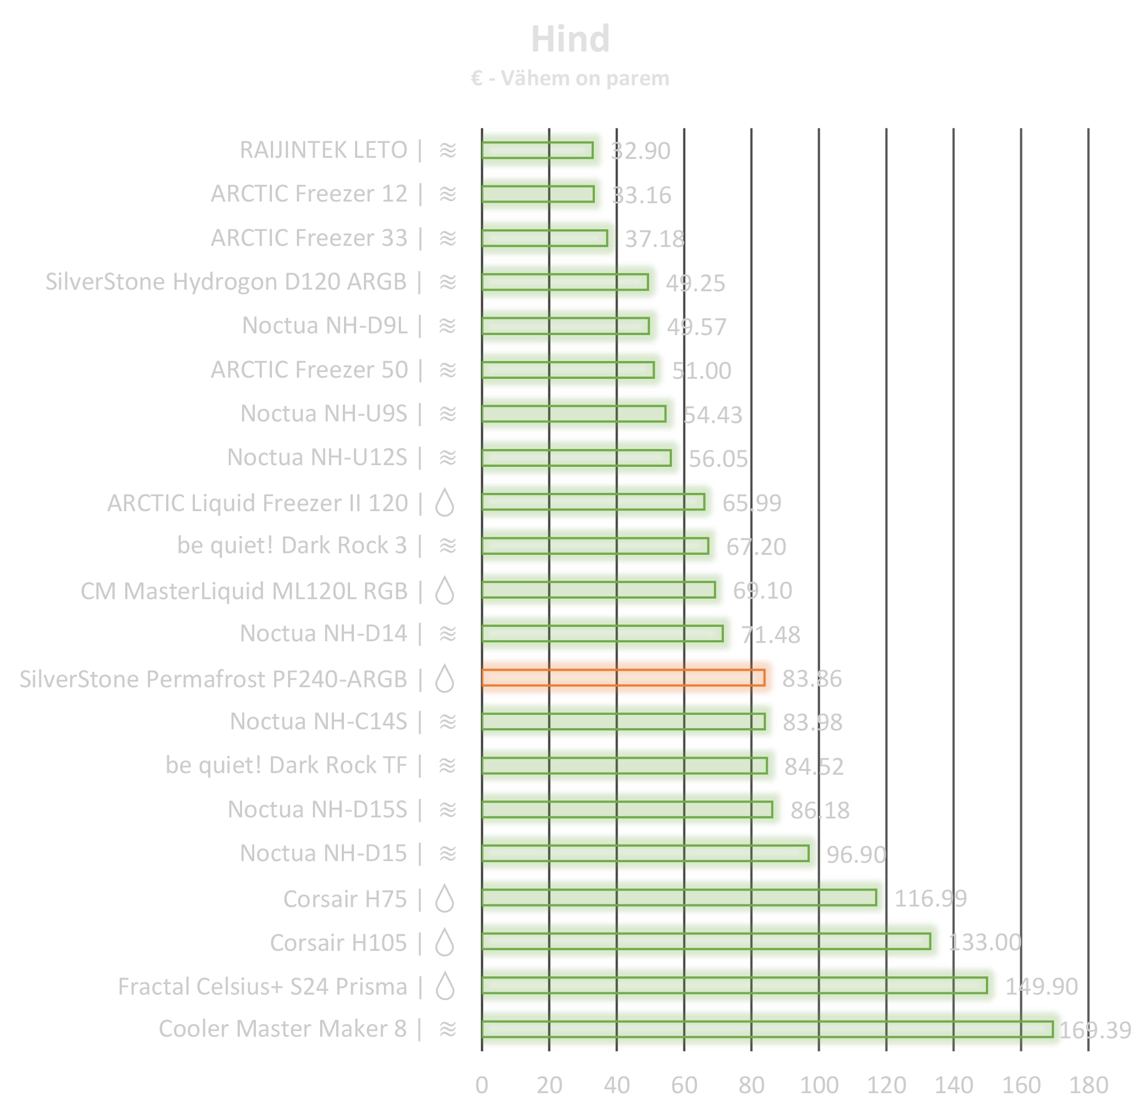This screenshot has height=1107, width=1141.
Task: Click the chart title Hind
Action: tap(570, 39)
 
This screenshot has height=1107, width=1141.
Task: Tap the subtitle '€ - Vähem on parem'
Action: tap(570, 78)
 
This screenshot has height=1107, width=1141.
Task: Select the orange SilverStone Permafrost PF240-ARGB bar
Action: tap(623, 677)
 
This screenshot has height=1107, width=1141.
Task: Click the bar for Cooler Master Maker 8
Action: tap(767, 1029)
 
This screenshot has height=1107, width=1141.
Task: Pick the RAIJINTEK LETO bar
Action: tap(537, 150)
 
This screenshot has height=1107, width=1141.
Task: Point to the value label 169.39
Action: tap(1094, 1030)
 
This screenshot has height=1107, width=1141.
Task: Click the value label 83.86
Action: tap(811, 678)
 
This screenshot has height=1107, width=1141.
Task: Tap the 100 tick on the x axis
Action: tap(819, 1085)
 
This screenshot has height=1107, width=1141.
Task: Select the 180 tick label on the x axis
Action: tap(1088, 1085)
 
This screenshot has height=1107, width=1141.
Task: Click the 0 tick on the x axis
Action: tap(481, 1085)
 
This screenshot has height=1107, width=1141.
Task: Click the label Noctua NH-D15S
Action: tap(317, 810)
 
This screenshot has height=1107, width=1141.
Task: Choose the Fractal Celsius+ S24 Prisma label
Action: tap(263, 986)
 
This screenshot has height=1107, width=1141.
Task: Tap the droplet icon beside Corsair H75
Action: tap(445, 899)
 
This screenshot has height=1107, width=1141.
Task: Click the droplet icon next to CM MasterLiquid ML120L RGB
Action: tap(445, 591)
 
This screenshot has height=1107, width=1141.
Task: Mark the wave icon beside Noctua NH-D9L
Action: tap(447, 326)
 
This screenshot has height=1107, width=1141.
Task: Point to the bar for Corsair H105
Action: tap(706, 941)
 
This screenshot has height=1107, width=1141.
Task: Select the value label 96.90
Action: tap(856, 854)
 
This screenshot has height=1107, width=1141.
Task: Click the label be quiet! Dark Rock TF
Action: tap(286, 765)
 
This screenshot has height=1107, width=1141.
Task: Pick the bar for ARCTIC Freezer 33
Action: tap(544, 238)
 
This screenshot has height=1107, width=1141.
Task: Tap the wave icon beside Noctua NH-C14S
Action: tap(447, 722)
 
